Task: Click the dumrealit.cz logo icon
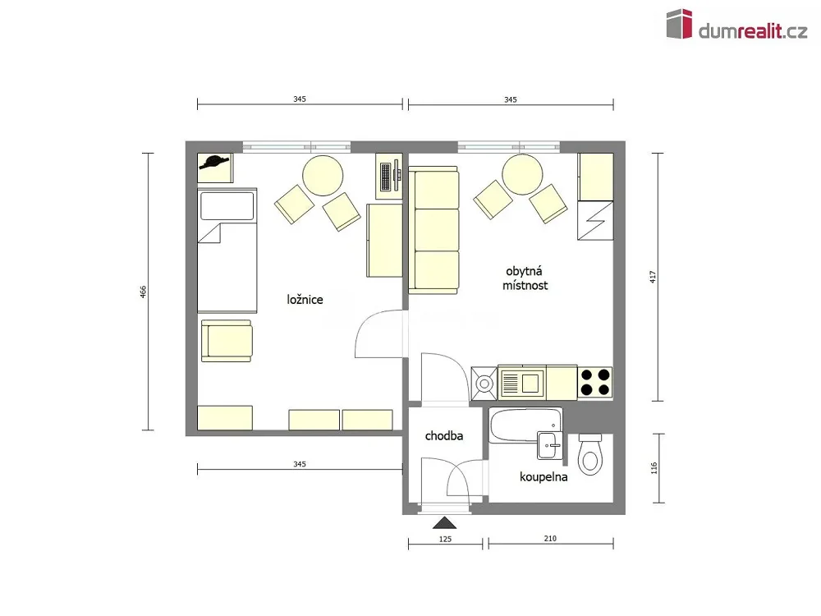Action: [x=679, y=24]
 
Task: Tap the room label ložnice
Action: [x=305, y=300]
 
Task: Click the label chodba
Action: [x=444, y=436]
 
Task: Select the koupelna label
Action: [x=544, y=476]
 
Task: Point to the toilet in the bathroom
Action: [x=590, y=454]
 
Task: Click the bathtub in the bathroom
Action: [x=525, y=425]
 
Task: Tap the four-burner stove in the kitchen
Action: [x=595, y=383]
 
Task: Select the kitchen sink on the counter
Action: [x=522, y=383]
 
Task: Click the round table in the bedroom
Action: [x=323, y=176]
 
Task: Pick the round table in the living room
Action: [x=522, y=174]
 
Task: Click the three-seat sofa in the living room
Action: [x=433, y=230]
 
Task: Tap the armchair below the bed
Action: [x=227, y=341]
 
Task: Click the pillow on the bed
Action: [x=227, y=206]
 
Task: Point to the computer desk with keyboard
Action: [x=389, y=176]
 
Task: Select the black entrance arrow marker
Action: [x=444, y=522]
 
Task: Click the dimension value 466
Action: [x=143, y=292]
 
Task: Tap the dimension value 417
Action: [x=653, y=277]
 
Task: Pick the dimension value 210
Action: [x=550, y=538]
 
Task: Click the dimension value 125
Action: [x=445, y=539]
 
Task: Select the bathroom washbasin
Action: [x=549, y=444]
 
